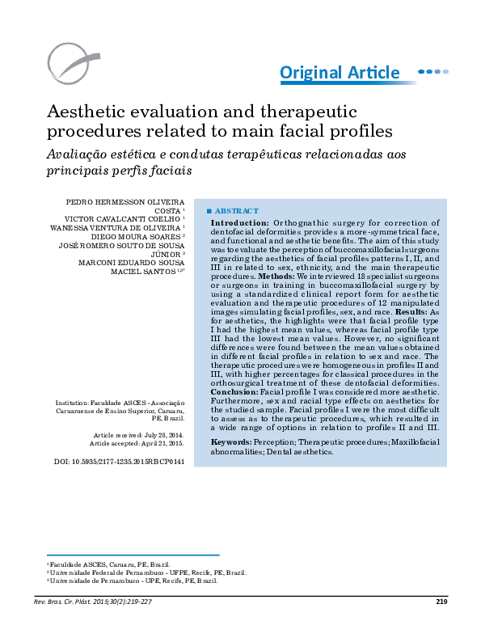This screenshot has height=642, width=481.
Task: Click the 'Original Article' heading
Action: point(340,73)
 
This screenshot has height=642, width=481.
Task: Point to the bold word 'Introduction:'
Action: point(240,222)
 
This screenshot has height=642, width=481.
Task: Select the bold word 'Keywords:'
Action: point(230,442)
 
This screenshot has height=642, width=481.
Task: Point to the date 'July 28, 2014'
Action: point(161,435)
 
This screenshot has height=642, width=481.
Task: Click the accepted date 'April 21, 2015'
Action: point(160,444)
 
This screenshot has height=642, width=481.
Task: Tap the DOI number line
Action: point(119,461)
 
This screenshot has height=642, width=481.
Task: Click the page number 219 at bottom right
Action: point(441,601)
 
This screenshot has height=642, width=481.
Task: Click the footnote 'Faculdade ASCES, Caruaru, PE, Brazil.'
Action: point(109,564)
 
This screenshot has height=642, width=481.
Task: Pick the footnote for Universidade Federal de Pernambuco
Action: point(148,572)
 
